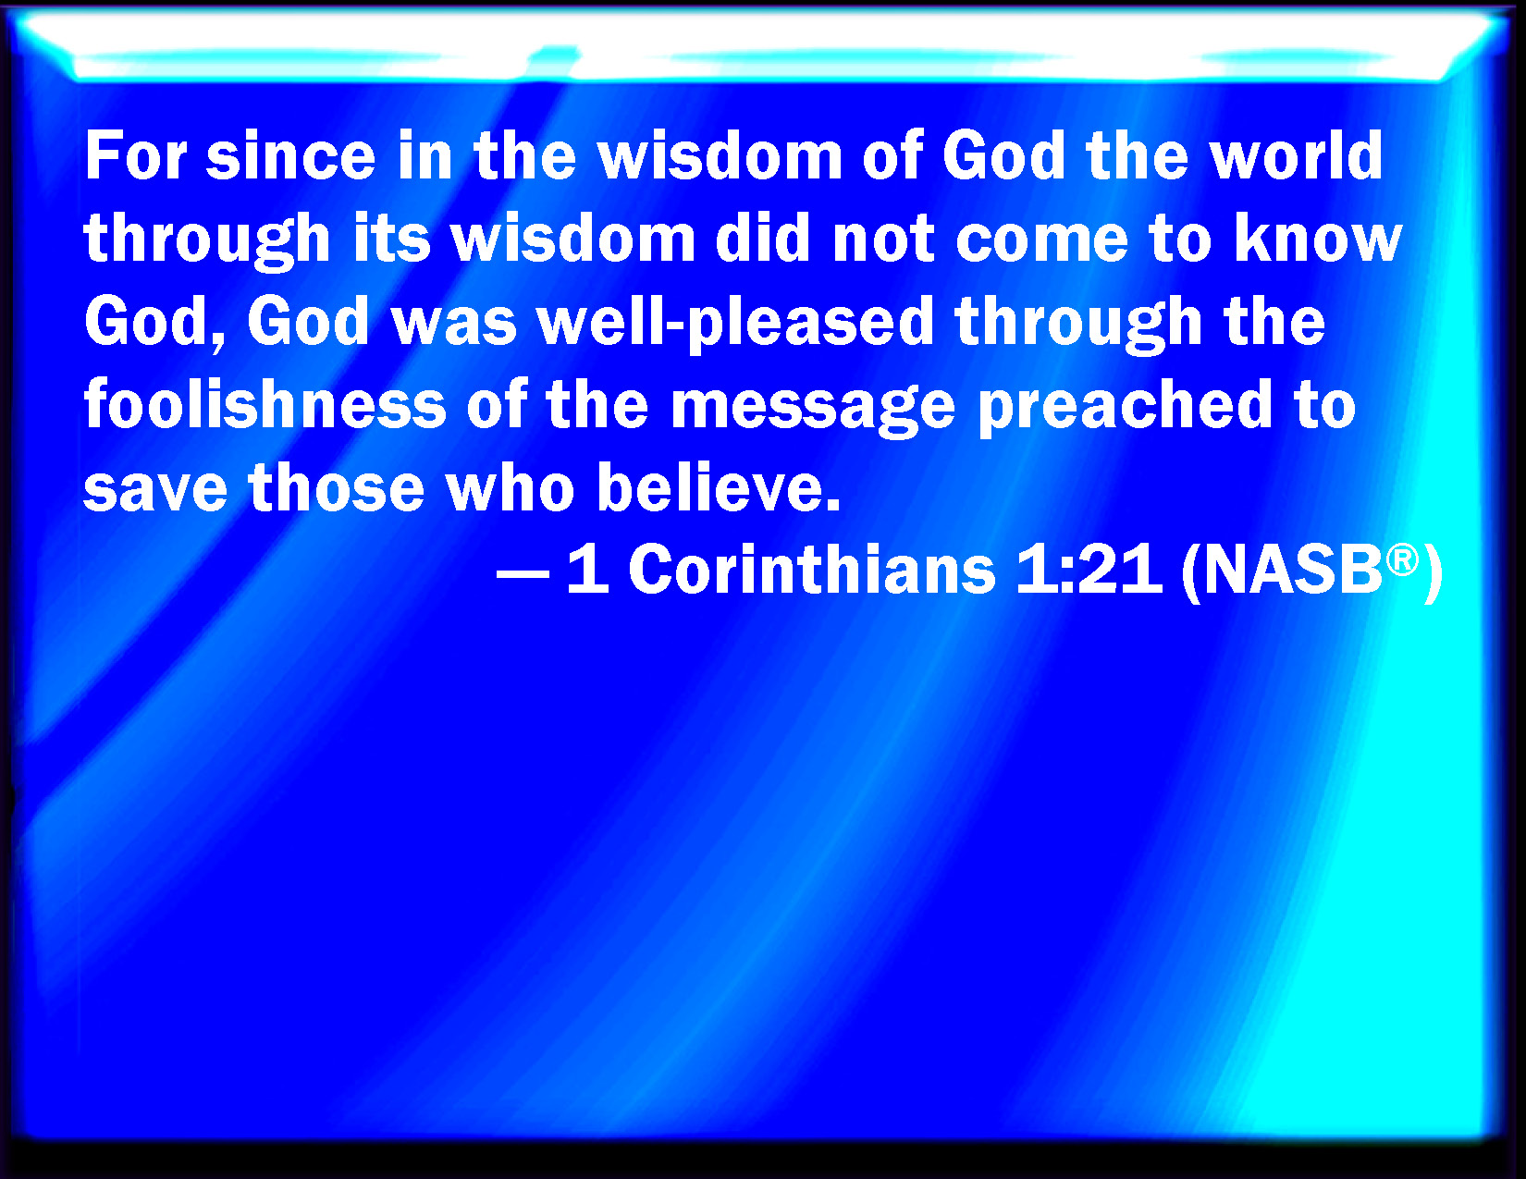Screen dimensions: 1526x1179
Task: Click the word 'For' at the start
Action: point(136,155)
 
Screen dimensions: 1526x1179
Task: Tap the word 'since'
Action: point(290,155)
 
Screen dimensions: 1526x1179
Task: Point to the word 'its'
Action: point(392,238)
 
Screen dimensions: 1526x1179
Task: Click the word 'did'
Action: point(763,238)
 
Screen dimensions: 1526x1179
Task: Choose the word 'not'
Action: point(883,239)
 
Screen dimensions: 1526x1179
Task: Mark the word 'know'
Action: point(1317,238)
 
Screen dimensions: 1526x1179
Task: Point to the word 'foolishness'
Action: point(265,403)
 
